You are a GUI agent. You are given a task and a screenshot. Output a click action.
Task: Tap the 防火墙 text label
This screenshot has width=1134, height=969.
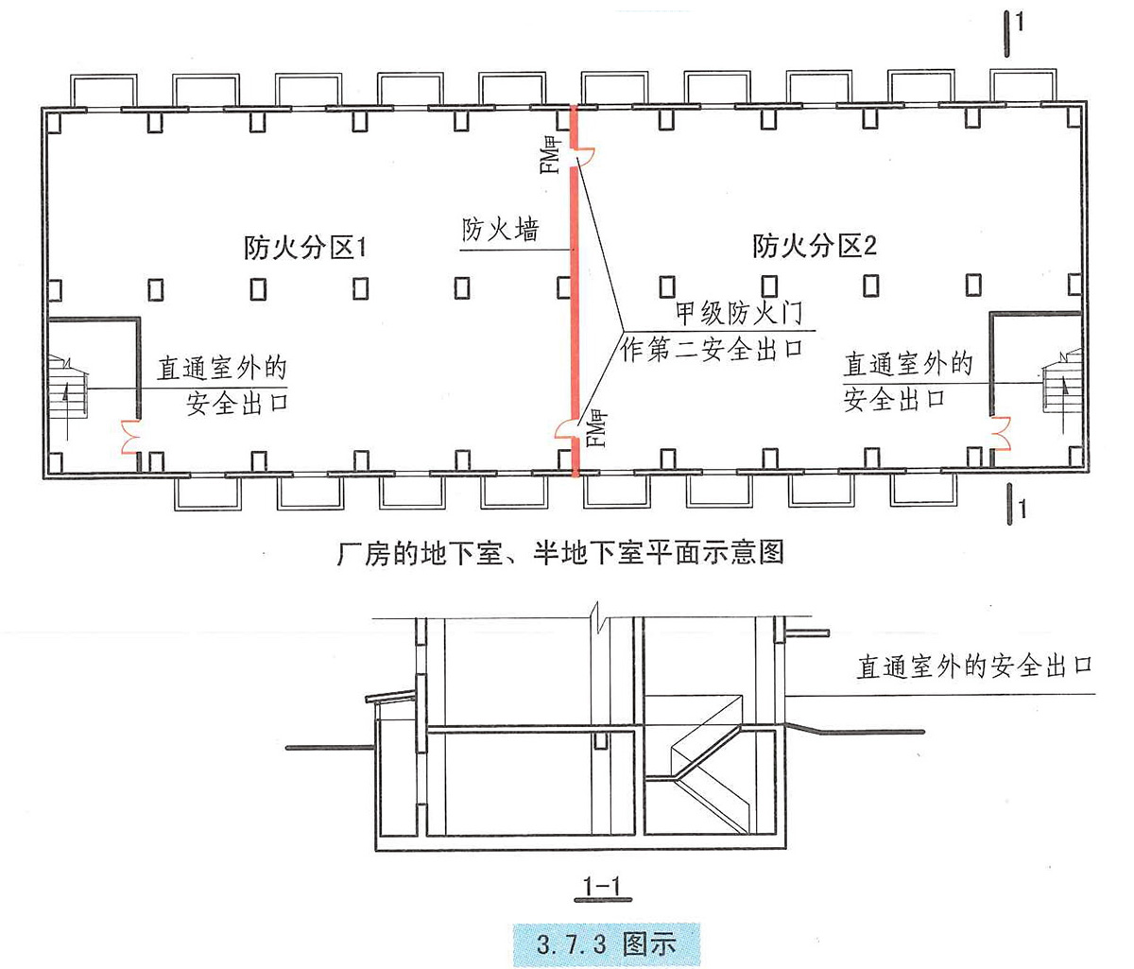[500, 230]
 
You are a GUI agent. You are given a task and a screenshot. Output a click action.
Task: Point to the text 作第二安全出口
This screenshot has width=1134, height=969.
[712, 350]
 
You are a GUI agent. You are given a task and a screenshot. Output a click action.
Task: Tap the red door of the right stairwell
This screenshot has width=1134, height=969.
[1000, 429]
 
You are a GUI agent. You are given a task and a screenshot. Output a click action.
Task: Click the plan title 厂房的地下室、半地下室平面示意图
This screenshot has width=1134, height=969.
[560, 551]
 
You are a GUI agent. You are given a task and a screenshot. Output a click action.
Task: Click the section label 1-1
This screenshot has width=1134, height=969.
[601, 886]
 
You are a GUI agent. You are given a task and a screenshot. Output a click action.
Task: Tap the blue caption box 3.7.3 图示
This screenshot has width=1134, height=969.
[606, 943]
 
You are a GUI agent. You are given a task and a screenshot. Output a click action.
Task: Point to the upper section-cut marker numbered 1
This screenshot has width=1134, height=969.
[1012, 30]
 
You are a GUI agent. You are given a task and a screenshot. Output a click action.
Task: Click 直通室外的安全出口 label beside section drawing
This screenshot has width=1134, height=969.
[973, 666]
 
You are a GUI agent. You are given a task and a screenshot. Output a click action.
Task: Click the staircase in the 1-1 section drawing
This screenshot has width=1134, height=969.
[710, 766]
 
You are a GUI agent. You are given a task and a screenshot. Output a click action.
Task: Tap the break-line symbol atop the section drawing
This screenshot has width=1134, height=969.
[594, 621]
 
